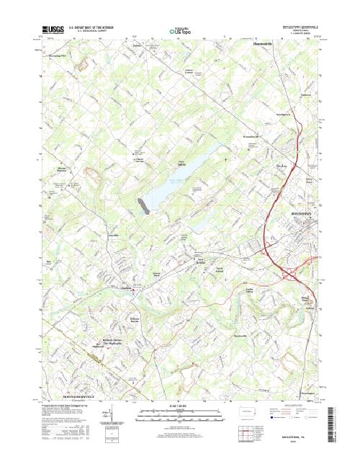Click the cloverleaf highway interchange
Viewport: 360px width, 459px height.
click(x=291, y=273)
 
